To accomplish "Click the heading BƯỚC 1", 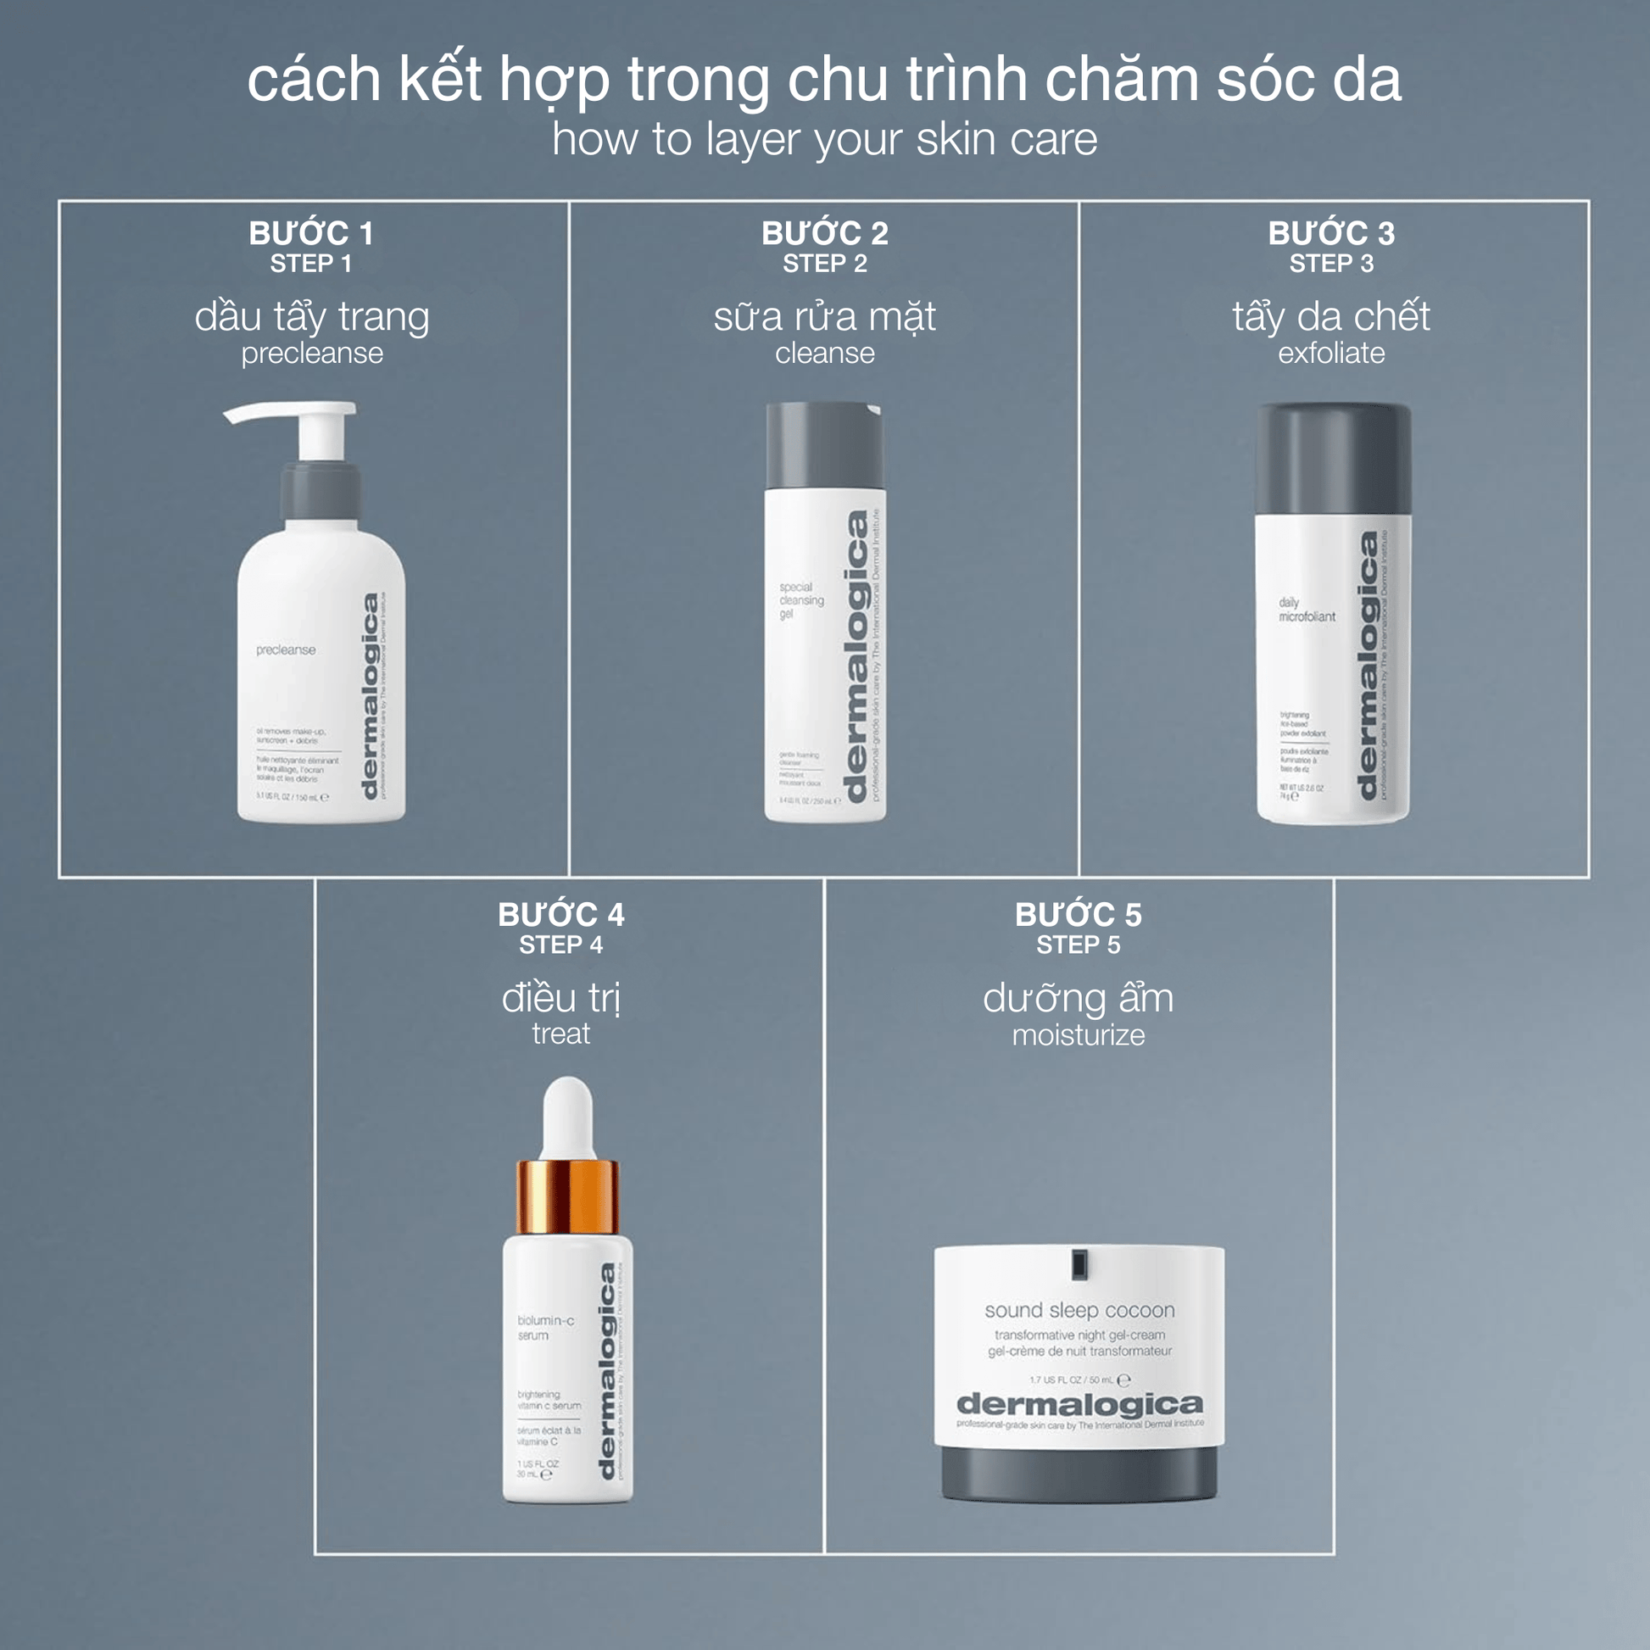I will tap(311, 233).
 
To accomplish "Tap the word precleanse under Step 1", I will tap(312, 353).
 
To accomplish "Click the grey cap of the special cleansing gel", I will tap(823, 445).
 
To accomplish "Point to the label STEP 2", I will tap(824, 264).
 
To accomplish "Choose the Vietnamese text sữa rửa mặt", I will tap(824, 317).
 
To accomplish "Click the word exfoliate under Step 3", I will tap(1330, 353).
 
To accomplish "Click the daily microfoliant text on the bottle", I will tap(1306, 610).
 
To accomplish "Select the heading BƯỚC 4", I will tap(561, 915).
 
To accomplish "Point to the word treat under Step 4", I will tap(560, 1034).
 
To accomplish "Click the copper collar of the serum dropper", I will tap(567, 1196).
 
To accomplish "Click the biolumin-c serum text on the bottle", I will tap(545, 1327).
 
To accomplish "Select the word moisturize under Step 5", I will tap(1078, 1035).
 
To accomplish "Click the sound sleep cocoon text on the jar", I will tap(1079, 1310).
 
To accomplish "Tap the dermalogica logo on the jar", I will tap(1079, 1404).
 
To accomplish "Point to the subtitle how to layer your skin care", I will tap(824, 139).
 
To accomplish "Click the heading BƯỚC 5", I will tap(1078, 915).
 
